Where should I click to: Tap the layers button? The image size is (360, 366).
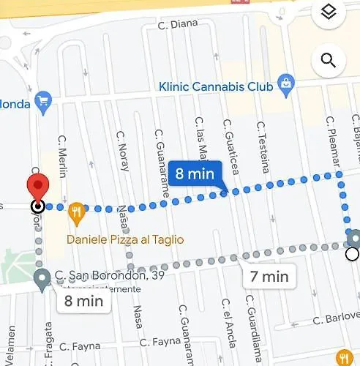[x=329, y=12]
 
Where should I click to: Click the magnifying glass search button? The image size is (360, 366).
[x=329, y=61]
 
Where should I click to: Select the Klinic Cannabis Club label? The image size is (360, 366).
[x=216, y=86]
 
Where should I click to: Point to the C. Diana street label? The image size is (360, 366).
[x=178, y=24]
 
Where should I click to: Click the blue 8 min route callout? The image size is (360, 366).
[x=194, y=174]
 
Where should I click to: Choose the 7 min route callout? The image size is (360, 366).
[x=269, y=277]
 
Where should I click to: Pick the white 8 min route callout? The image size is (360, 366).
[x=83, y=299]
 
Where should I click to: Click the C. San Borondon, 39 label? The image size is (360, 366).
[x=110, y=276]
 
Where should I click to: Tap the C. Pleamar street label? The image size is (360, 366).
[x=330, y=140]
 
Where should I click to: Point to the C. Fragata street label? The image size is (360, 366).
[x=50, y=345]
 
